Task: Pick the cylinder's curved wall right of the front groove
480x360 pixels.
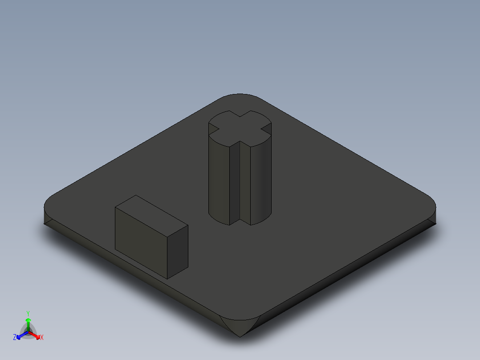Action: (x=261, y=178)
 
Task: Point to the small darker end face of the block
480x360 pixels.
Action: (x=177, y=252)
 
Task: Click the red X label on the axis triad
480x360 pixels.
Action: (x=42, y=338)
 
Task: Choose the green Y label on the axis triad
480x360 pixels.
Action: (x=28, y=313)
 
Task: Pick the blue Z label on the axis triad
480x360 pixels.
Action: (x=15, y=338)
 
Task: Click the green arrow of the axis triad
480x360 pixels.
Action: (x=28, y=322)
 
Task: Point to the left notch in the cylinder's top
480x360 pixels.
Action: (x=213, y=130)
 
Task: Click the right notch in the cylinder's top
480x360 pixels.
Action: (x=267, y=129)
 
